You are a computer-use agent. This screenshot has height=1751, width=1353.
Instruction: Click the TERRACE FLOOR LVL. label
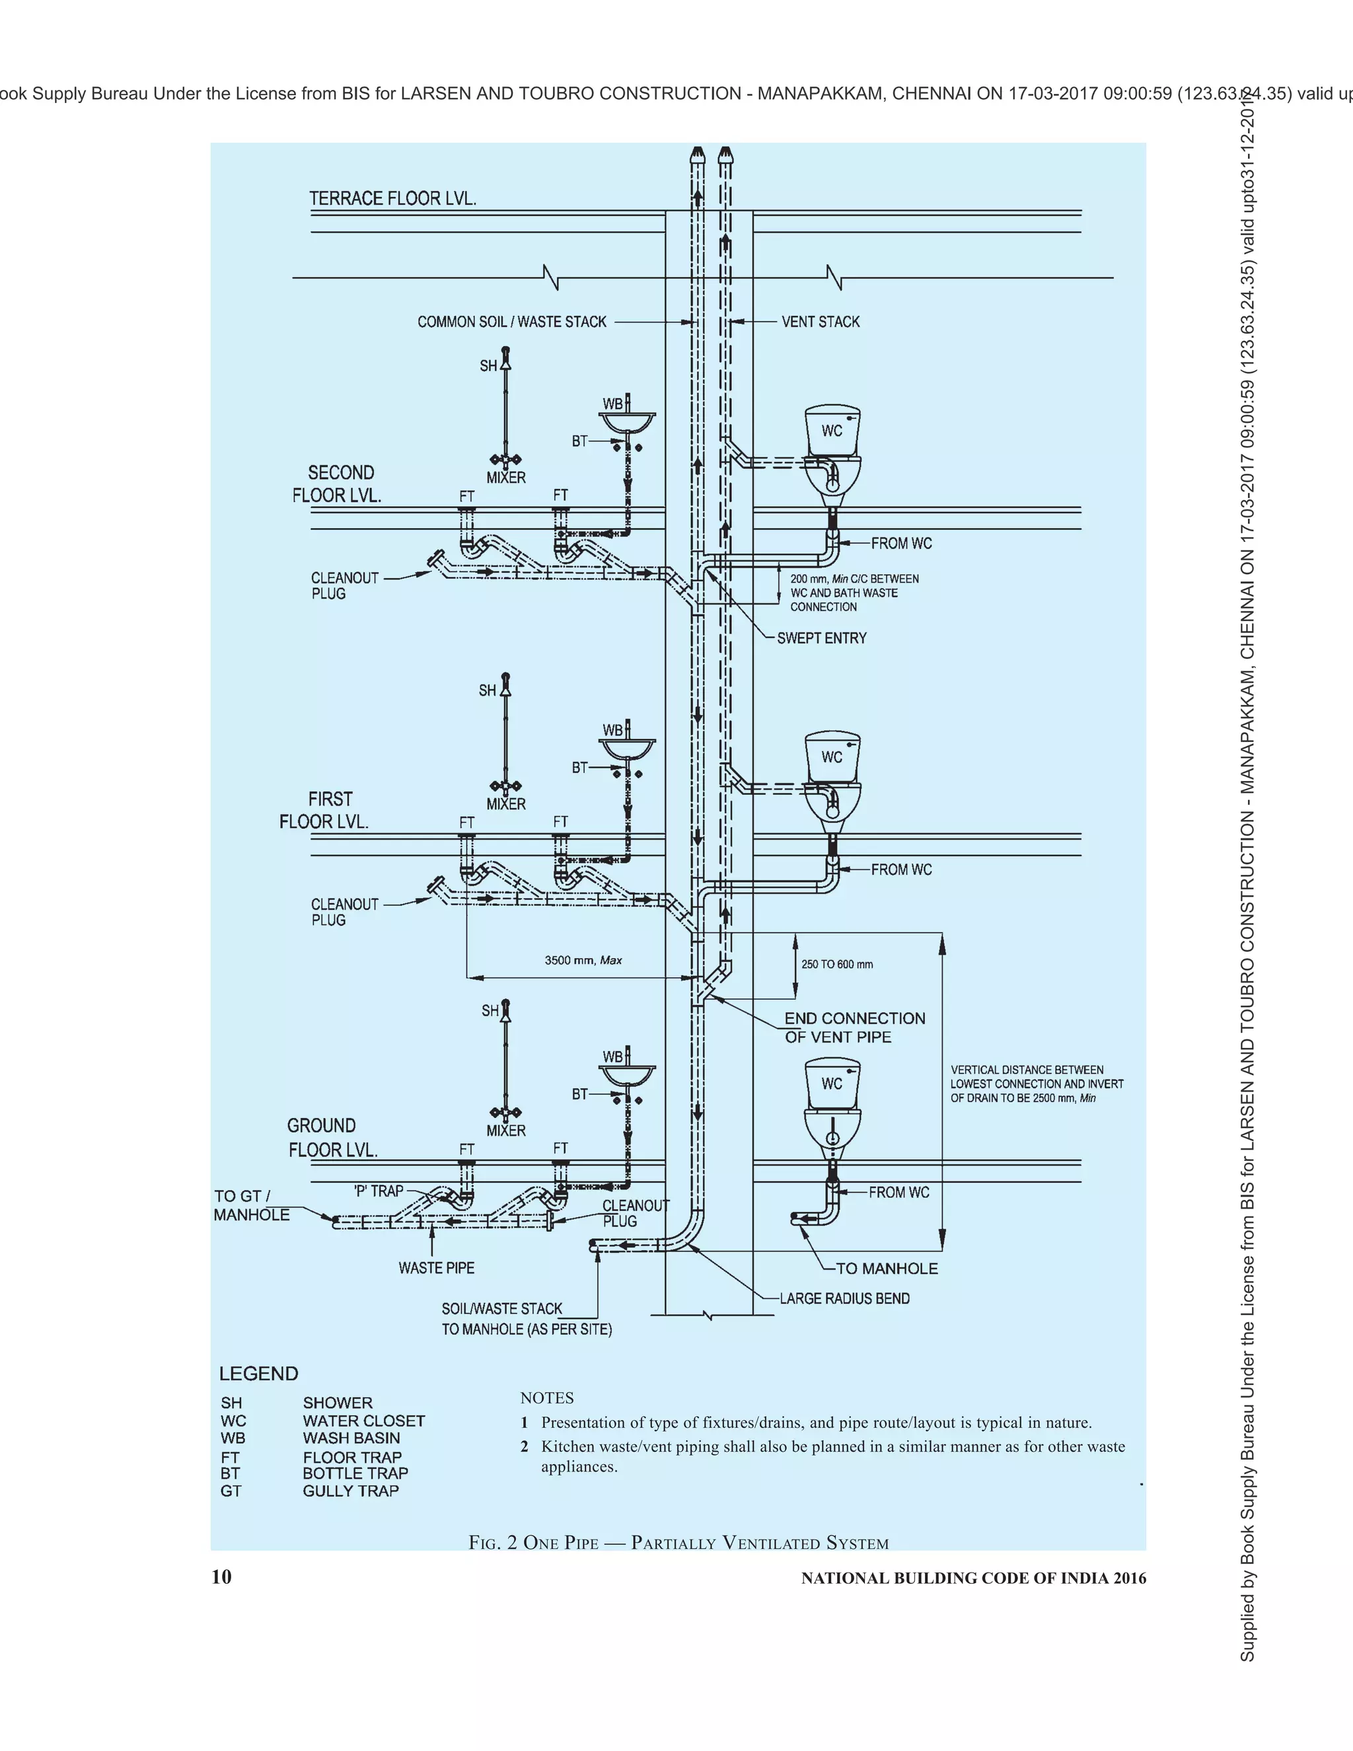click(393, 198)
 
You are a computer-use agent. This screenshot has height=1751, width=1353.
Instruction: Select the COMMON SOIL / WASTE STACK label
click(511, 322)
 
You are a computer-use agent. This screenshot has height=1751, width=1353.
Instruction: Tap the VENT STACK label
click(820, 322)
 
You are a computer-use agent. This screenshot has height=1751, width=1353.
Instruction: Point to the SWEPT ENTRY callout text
click(822, 638)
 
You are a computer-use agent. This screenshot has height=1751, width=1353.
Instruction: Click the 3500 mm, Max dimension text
click(583, 959)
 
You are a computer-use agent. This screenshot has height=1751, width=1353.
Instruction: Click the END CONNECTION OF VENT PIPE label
click(854, 1027)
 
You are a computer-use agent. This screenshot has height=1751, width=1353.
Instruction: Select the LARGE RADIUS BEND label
click(844, 1298)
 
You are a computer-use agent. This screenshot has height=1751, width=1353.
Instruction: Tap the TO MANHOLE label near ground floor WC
click(887, 1269)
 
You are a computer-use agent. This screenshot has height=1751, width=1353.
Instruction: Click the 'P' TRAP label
click(379, 1191)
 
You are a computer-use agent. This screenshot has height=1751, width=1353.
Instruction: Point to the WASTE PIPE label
click(436, 1267)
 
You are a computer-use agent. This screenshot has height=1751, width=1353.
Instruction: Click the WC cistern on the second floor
click(832, 431)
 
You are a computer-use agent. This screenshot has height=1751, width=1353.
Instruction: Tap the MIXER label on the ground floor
click(506, 1131)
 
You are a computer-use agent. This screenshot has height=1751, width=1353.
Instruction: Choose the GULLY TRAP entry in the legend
click(350, 1491)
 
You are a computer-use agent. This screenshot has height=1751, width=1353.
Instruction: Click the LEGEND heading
click(258, 1374)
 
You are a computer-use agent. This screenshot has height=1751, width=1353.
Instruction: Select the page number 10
click(221, 1577)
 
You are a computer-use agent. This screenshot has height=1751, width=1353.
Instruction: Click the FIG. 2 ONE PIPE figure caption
click(678, 1543)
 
